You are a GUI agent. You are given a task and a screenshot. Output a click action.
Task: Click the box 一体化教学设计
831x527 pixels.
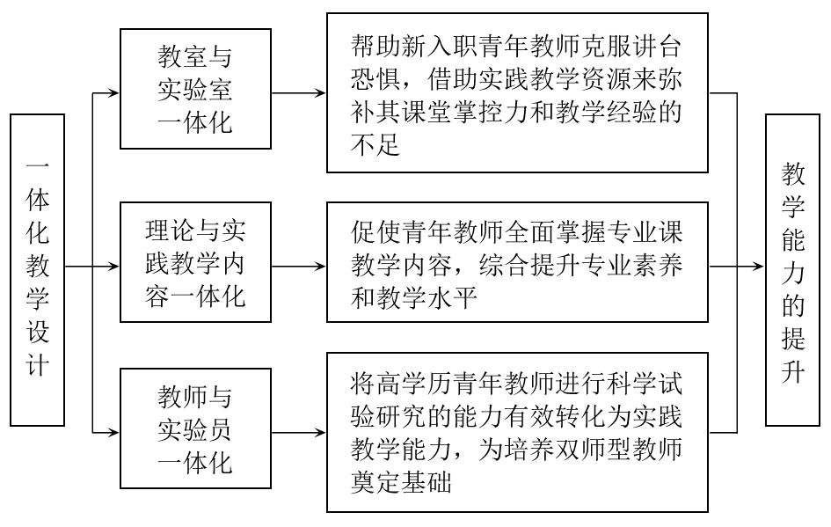point(38,270)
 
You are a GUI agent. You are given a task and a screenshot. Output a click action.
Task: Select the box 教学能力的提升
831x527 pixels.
point(793,270)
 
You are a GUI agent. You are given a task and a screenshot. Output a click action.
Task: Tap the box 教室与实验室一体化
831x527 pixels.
point(195,89)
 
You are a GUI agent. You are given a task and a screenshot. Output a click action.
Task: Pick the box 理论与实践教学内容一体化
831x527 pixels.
point(195,262)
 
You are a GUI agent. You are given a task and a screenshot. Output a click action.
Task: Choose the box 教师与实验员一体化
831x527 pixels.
point(195,428)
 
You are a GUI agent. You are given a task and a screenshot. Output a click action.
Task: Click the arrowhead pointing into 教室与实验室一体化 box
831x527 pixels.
point(114,93)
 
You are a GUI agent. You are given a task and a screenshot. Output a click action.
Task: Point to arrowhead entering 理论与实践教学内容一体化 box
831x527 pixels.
point(114,267)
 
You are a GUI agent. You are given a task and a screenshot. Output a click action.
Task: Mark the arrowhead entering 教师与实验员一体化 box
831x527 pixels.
point(114,433)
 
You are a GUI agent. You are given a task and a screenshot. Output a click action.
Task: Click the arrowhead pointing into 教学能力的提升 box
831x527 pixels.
point(759,267)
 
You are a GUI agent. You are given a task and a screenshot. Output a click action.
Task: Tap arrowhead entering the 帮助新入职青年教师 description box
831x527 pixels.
point(320,93)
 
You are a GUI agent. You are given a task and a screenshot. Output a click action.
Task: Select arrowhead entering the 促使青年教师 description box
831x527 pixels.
point(320,267)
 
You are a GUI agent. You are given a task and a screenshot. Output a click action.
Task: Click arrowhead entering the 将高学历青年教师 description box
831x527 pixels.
point(320,433)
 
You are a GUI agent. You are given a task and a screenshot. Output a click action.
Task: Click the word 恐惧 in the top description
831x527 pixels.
point(375,79)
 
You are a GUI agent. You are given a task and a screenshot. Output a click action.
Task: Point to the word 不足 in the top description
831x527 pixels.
point(375,144)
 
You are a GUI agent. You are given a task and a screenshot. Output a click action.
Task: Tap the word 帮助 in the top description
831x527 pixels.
point(375,47)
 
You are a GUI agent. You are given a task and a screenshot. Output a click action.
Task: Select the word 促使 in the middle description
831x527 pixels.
point(375,231)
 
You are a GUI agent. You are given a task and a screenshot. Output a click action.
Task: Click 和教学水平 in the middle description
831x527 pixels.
point(414,297)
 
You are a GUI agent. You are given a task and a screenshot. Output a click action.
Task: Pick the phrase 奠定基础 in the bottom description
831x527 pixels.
point(401,482)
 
